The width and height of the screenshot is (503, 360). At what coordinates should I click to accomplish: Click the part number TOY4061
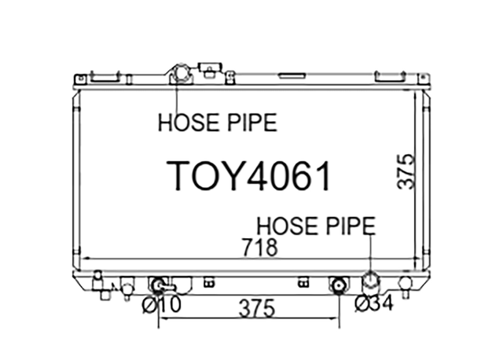tap(248, 176)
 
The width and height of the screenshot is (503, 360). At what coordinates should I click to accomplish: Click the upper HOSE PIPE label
tap(218, 123)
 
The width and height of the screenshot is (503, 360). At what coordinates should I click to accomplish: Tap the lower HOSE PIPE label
tap(316, 226)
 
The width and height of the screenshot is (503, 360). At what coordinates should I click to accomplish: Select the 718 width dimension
tap(259, 247)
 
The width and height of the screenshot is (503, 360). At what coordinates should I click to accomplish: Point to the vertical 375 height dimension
tap(406, 172)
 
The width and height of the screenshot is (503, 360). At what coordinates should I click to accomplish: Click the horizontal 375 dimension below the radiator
tap(257, 308)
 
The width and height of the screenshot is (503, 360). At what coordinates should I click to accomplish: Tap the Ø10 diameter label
tap(162, 304)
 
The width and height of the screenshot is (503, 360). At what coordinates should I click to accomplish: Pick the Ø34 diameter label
tap(374, 303)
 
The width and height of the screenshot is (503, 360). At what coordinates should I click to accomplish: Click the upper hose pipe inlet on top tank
tap(181, 74)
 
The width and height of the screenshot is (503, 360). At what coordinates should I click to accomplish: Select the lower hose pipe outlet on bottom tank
tap(370, 280)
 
